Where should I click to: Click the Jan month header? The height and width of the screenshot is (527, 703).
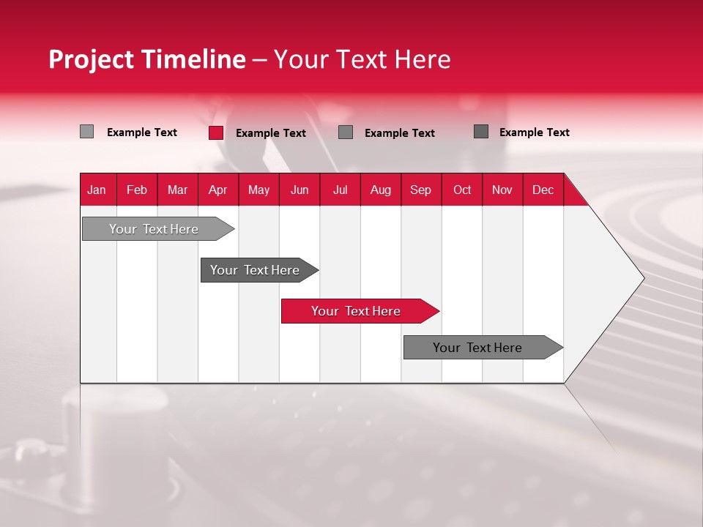click(97, 190)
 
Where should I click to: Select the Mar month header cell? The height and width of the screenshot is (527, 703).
click(177, 190)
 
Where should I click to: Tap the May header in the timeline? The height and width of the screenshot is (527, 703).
click(258, 190)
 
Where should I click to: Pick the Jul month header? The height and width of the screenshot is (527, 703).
click(340, 190)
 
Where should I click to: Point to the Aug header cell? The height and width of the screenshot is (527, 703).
click(380, 190)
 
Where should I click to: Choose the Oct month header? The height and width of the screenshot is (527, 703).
click(462, 190)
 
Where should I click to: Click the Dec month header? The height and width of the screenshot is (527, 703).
click(543, 190)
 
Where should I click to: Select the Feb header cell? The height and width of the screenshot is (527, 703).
click(137, 190)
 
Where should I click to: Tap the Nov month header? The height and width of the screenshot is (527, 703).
click(502, 190)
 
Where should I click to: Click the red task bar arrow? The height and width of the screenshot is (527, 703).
click(359, 311)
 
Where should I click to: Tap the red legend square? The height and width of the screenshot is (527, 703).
click(216, 132)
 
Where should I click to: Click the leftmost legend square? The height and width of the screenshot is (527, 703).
click(86, 132)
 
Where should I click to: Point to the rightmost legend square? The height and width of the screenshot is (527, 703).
click(481, 132)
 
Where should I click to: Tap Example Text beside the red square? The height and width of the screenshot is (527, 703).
click(270, 133)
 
